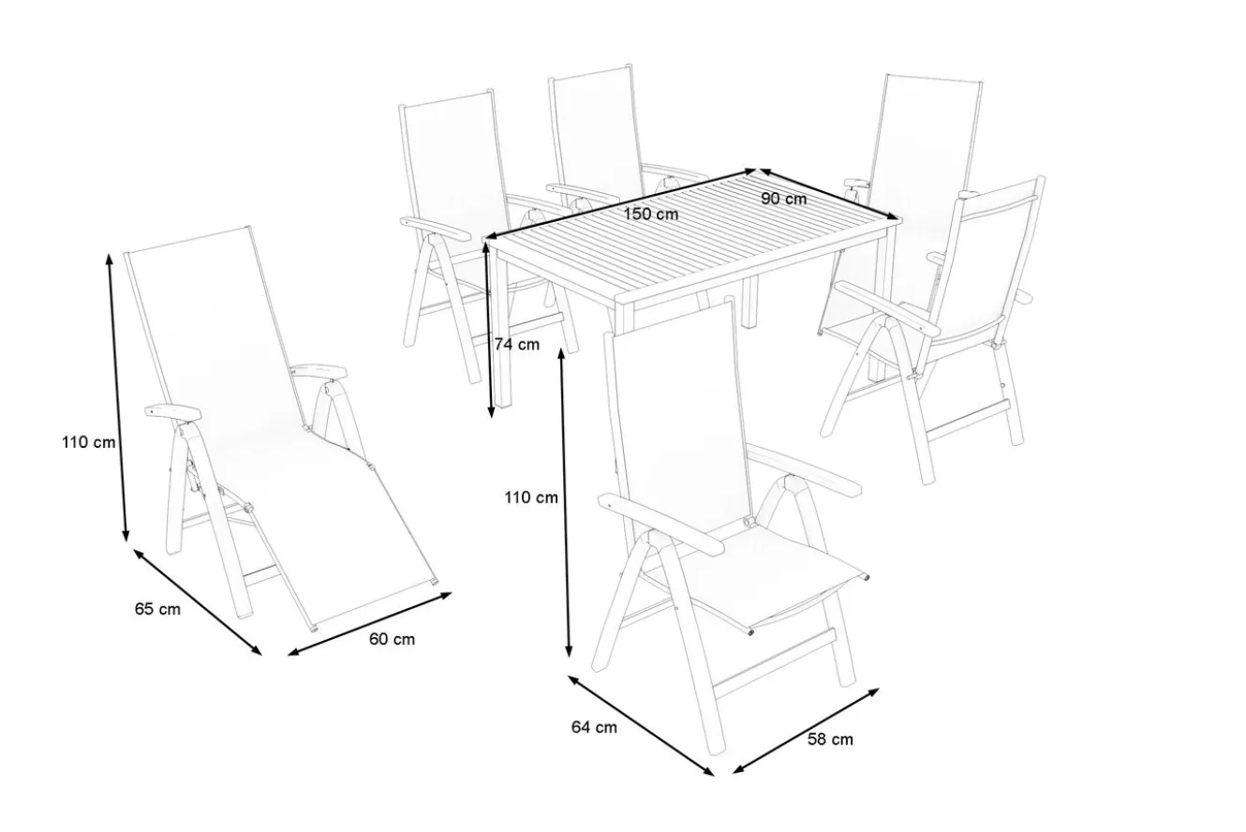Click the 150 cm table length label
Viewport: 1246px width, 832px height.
pyautogui.click(x=650, y=215)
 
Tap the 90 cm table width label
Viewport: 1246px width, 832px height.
pyautogui.click(x=783, y=199)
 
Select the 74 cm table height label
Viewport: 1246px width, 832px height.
pyautogui.click(x=517, y=345)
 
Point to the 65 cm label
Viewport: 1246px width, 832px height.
pyautogui.click(x=157, y=609)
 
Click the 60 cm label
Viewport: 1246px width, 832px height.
pyautogui.click(x=392, y=640)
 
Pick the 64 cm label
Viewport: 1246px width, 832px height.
pyautogui.click(x=594, y=727)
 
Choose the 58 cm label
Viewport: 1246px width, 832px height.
pyautogui.click(x=830, y=739)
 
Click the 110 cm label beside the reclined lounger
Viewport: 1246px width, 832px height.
pyautogui.click(x=88, y=442)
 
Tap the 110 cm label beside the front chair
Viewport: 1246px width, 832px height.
pyautogui.click(x=530, y=498)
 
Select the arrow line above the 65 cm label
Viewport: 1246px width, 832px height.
pyautogui.click(x=197, y=602)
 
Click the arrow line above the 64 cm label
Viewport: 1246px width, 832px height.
pyautogui.click(x=640, y=725)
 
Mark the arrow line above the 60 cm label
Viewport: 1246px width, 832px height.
pyautogui.click(x=369, y=624)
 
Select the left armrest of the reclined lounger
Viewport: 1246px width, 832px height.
pyautogui.click(x=172, y=412)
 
